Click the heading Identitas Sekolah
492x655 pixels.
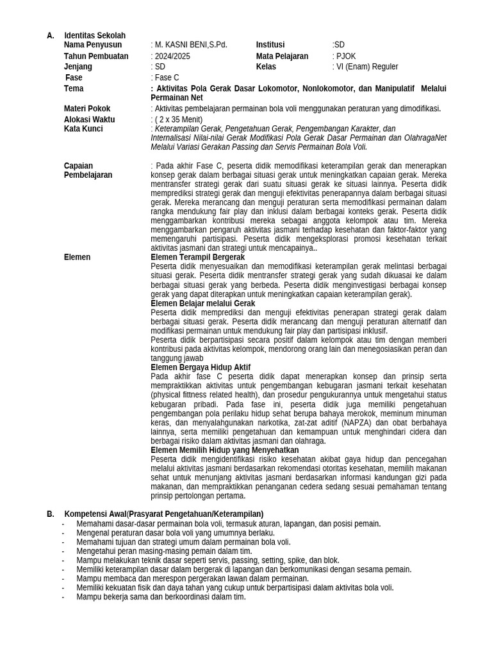pos(95,36)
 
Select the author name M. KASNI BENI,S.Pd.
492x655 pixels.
pos(190,45)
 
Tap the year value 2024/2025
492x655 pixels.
pos(172,56)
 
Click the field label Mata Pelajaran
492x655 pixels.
pos(282,56)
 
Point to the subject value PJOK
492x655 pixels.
pos(345,56)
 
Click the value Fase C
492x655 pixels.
pos(167,77)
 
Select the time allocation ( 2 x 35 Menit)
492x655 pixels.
pos(178,120)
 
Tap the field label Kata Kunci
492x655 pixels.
pos(83,129)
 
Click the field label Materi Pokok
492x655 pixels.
pos(88,109)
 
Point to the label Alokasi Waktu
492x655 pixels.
pos(89,120)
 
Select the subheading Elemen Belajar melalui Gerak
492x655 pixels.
pos(202,303)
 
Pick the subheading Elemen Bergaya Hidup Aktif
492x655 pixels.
pos(201,367)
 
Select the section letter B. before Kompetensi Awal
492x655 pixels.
pos(51,514)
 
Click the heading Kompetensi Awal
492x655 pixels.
pos(95,514)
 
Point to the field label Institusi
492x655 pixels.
pos(270,45)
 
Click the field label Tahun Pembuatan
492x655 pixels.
pos(96,56)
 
